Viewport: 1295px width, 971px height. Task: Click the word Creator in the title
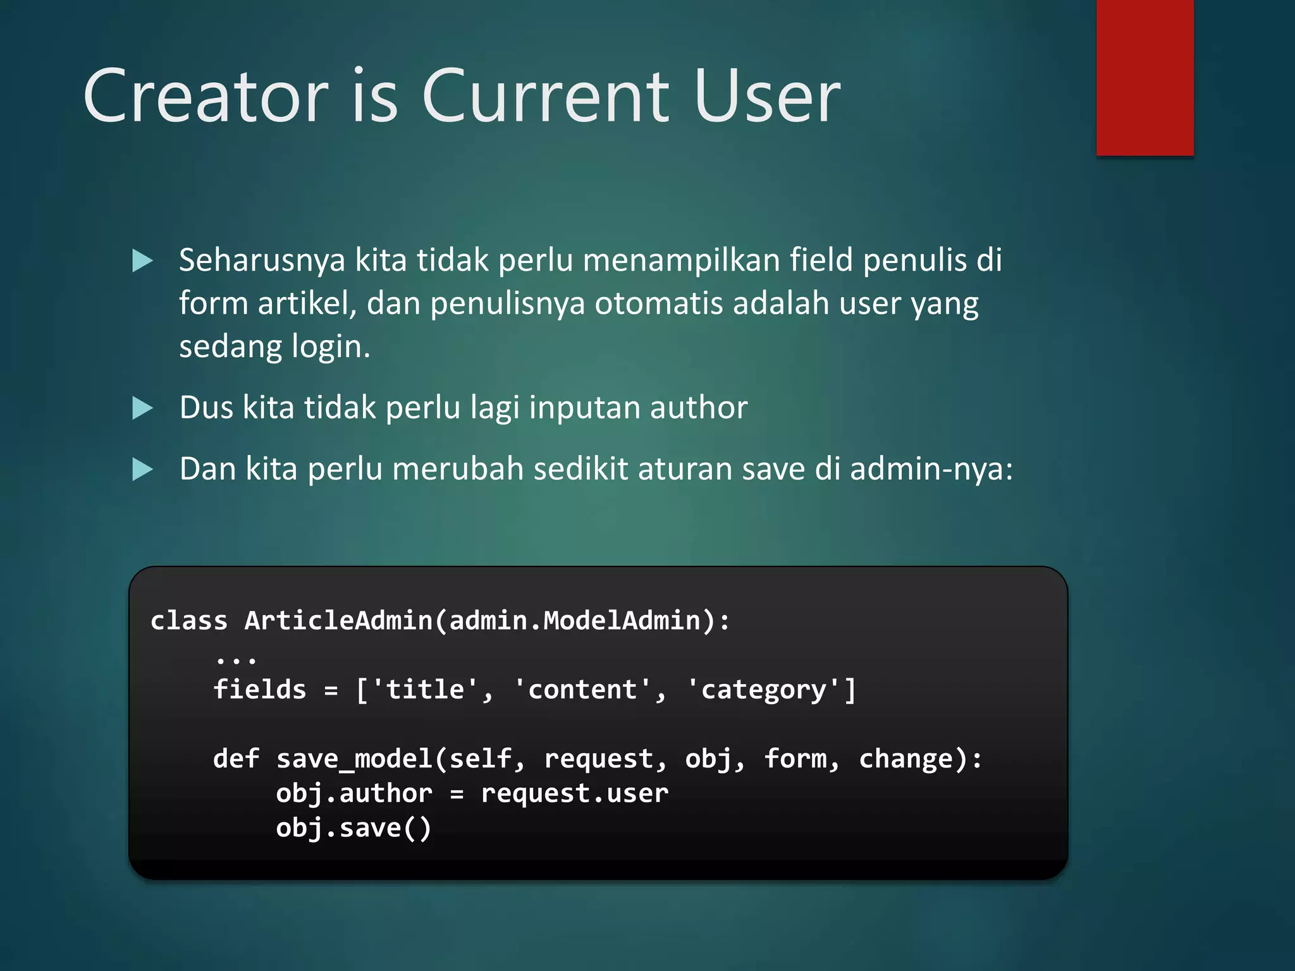coord(206,96)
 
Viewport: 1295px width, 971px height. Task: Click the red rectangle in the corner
coord(1145,77)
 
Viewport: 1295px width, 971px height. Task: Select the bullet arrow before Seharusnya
coord(142,260)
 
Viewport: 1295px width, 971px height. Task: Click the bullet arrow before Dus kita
coord(142,408)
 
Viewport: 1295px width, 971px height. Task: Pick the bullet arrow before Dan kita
coord(142,469)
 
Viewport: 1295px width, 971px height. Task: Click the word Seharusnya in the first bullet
coord(262,260)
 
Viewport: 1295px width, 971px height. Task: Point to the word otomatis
coord(658,303)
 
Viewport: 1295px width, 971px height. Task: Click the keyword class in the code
coord(188,620)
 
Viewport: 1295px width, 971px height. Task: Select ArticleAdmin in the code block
coord(338,620)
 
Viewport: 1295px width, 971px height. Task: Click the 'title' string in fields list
coord(426,689)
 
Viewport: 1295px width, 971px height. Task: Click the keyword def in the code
coord(236,759)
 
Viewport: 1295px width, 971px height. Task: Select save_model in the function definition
coord(354,759)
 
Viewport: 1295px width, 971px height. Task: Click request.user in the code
coord(574,793)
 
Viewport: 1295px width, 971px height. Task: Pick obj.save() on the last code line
coord(353,828)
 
